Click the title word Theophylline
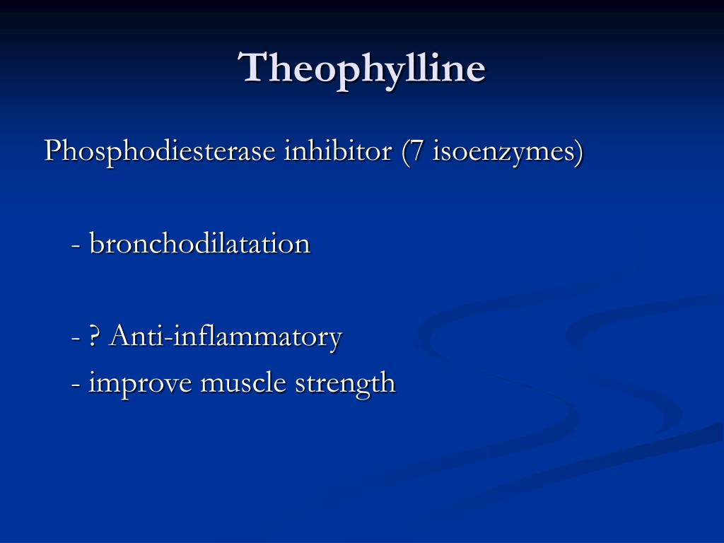361,70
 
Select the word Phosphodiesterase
160,151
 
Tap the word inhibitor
338,151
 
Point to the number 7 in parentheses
417,151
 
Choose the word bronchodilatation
199,243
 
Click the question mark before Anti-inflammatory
94,336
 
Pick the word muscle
243,383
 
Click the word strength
345,384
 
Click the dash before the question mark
76,339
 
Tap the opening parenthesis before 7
405,153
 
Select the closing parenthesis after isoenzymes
579,153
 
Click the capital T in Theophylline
254,67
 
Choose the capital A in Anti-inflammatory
120,335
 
